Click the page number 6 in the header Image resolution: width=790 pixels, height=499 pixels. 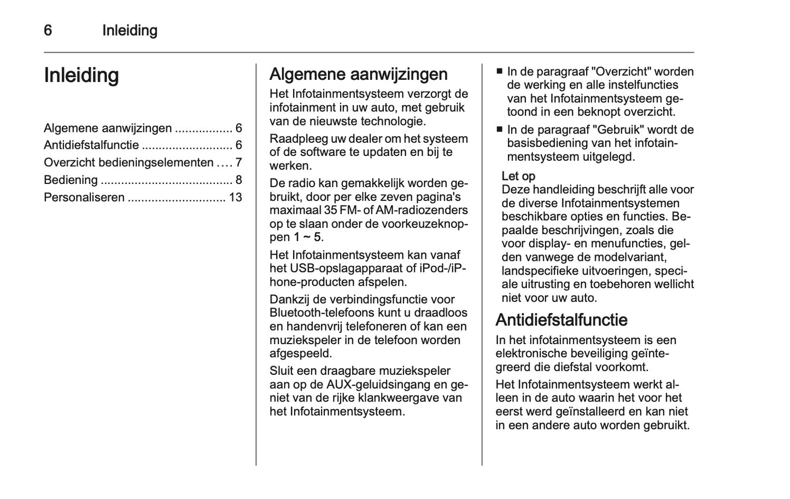pos(48,30)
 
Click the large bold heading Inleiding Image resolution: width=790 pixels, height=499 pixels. pos(81,76)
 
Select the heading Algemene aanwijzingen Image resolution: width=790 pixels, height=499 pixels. pos(358,74)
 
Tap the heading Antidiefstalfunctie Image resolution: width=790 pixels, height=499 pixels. pos(561,320)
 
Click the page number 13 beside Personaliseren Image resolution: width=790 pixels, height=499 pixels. pos(236,198)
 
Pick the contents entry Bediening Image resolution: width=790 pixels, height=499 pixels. pos(71,180)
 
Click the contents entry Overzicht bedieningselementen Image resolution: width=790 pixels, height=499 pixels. pos(128,163)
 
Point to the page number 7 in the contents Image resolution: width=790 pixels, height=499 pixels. pos(238,163)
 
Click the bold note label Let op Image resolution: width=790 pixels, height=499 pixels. pos(518,176)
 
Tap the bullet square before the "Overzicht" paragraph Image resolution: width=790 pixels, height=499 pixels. pos(499,72)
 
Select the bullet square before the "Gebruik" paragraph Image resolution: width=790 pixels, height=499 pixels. pos(499,130)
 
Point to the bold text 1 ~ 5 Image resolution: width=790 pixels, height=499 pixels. pos(307,237)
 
